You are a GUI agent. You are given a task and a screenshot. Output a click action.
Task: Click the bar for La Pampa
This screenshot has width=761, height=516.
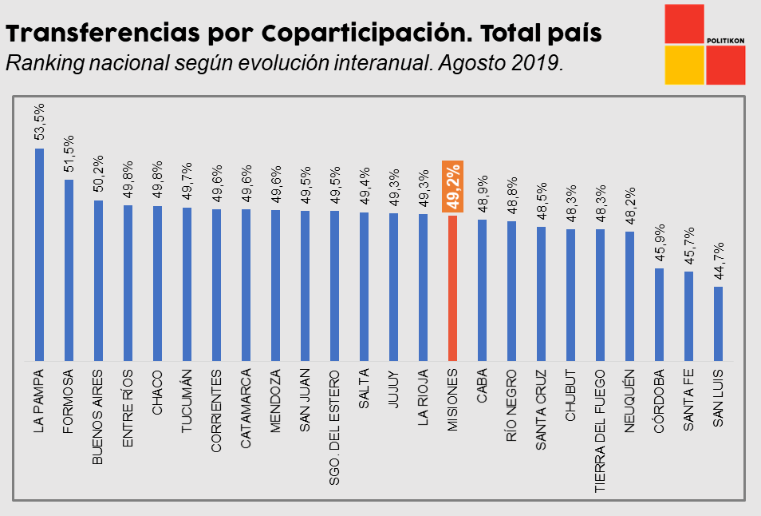(x=39, y=254)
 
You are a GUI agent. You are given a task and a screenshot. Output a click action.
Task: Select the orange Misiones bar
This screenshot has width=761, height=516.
(x=452, y=288)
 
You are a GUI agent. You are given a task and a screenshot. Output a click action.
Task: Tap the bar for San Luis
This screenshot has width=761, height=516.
(x=718, y=323)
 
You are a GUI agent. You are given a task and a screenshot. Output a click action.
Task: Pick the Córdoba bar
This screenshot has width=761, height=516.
(x=659, y=314)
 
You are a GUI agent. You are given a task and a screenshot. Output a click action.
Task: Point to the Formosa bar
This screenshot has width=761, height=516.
(x=69, y=269)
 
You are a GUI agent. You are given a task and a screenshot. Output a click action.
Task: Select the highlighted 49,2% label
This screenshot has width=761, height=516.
(x=453, y=187)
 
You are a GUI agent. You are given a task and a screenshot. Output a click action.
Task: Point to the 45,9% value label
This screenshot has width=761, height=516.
(x=659, y=243)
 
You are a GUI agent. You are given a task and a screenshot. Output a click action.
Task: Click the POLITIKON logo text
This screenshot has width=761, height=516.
(x=725, y=40)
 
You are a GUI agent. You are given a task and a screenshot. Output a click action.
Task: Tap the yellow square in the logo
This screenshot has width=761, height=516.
(x=684, y=65)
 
